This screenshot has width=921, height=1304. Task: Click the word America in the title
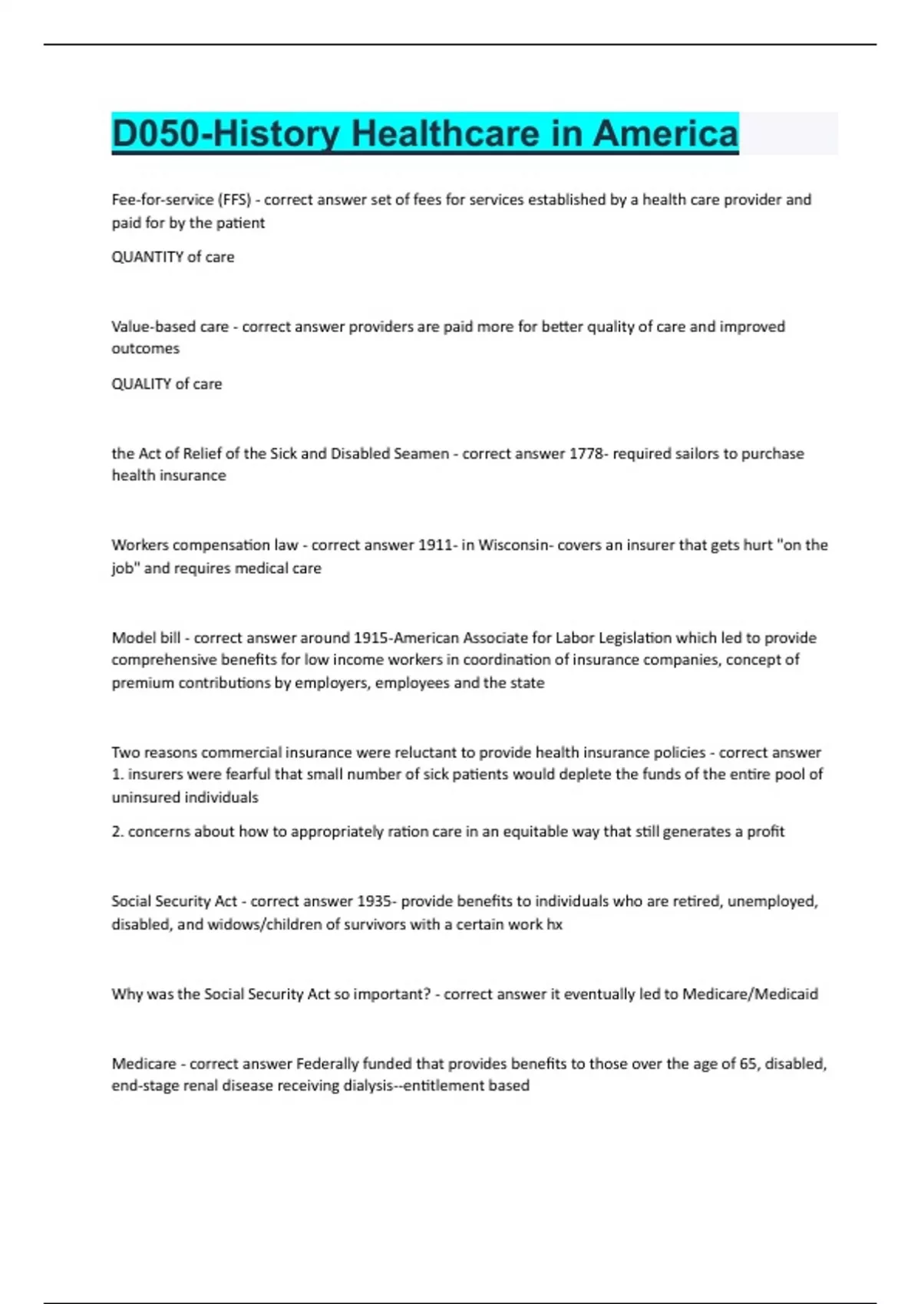tap(665, 133)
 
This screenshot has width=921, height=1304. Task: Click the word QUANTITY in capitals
tap(147, 257)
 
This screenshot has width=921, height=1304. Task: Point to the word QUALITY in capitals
tap(141, 384)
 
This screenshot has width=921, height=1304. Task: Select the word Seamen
tap(421, 453)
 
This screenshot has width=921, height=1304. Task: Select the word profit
tap(765, 831)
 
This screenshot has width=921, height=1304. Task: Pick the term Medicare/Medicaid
tap(750, 994)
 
